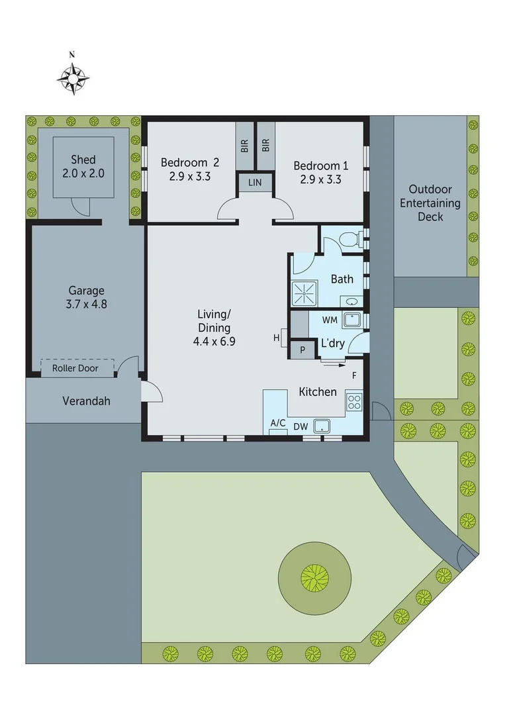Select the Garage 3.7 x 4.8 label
[x=86, y=297]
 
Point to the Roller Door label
[x=75, y=368]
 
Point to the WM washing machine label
[x=330, y=320]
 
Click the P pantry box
[x=302, y=350]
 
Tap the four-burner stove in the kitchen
[x=354, y=401]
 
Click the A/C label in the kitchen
[x=277, y=424]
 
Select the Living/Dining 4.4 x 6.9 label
[x=214, y=328]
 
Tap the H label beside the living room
[x=277, y=338]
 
